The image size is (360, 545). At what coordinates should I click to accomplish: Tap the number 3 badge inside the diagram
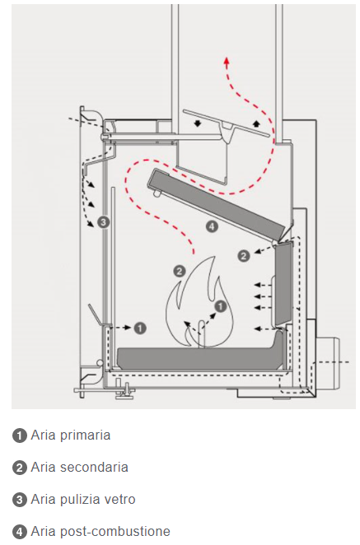click(x=103, y=221)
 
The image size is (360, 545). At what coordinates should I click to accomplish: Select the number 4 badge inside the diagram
click(x=212, y=226)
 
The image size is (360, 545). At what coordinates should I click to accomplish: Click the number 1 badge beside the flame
click(x=221, y=306)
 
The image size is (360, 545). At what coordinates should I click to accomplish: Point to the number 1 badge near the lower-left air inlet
click(x=140, y=328)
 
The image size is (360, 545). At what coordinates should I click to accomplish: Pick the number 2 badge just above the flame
click(x=180, y=271)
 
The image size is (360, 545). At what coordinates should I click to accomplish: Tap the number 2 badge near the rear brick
click(x=244, y=256)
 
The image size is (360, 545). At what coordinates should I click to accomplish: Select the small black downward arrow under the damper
click(x=198, y=123)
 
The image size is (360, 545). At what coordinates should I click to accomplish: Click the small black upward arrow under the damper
click(x=256, y=123)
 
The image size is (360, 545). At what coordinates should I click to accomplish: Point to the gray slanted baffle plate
click(x=222, y=206)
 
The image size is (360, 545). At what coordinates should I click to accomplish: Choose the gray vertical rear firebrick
click(x=284, y=284)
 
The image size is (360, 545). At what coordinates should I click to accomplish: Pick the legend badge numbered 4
click(x=20, y=532)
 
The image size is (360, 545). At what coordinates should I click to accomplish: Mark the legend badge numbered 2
click(x=20, y=468)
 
